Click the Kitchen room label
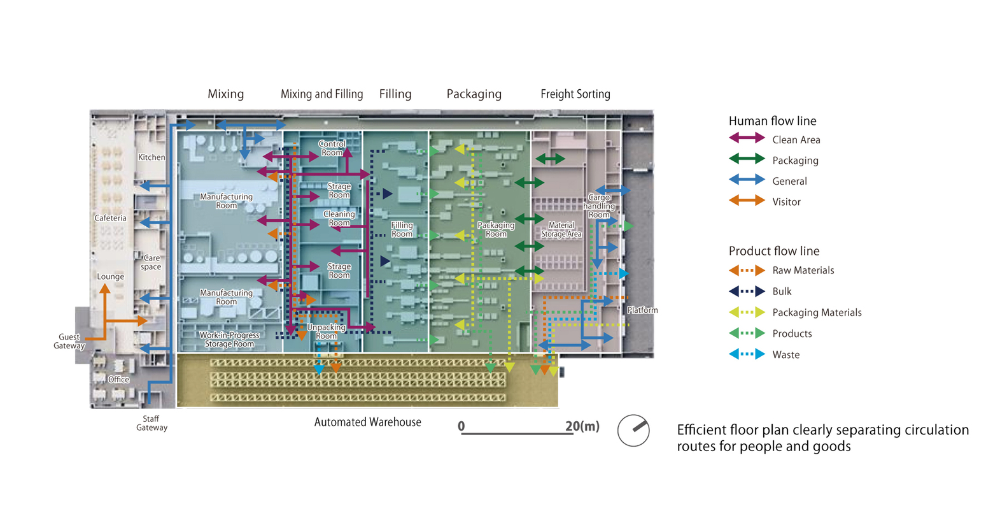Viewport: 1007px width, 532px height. pyautogui.click(x=151, y=157)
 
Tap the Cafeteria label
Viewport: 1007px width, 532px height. pyautogui.click(x=110, y=218)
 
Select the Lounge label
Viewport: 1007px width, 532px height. pyautogui.click(x=110, y=277)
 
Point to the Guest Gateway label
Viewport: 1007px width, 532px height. pyautogui.click(x=69, y=341)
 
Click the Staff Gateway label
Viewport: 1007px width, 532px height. pyautogui.click(x=151, y=423)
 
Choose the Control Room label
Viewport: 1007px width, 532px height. pyautogui.click(x=332, y=148)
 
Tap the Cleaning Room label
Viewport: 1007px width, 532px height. pyautogui.click(x=339, y=219)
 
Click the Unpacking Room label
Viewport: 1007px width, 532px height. pyautogui.click(x=326, y=331)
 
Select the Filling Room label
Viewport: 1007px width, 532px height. pyautogui.click(x=402, y=229)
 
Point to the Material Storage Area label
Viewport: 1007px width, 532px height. pyautogui.click(x=561, y=229)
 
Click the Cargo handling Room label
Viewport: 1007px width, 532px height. pyautogui.click(x=599, y=206)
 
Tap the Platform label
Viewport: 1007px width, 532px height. pyautogui.click(x=642, y=310)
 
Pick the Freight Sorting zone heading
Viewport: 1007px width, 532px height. pyautogui.click(x=575, y=94)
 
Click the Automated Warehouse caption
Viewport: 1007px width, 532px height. pyautogui.click(x=367, y=422)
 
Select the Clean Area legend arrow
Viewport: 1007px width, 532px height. pyautogui.click(x=747, y=138)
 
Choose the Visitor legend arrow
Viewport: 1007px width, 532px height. pyautogui.click(x=747, y=201)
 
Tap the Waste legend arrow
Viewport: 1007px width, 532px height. pyautogui.click(x=747, y=354)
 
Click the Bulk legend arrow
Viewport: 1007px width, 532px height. pyautogui.click(x=747, y=291)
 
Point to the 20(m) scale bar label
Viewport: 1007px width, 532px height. pyautogui.click(x=582, y=426)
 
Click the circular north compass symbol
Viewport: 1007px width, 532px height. pyautogui.click(x=633, y=431)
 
